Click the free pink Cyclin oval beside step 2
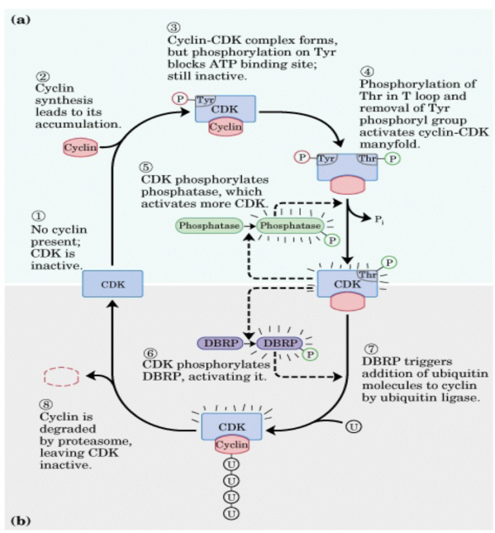(81, 148)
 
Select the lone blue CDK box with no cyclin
(112, 284)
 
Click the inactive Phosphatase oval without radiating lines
(208, 226)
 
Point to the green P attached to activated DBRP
(311, 354)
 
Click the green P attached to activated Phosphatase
(333, 239)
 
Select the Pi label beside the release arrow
(381, 220)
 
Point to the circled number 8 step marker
(42, 405)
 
